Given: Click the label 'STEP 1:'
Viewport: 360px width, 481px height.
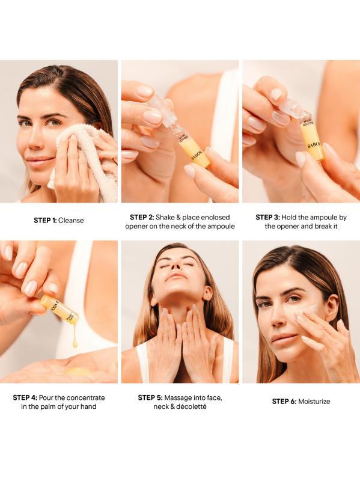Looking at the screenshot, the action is point(46,220).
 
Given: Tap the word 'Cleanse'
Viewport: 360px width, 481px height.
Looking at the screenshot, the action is point(71,220).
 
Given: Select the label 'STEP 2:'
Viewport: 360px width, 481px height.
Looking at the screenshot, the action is point(142,217).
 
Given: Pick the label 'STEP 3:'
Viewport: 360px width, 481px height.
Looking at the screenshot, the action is point(267,217).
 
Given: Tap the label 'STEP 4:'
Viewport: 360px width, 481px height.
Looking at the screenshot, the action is point(25,397).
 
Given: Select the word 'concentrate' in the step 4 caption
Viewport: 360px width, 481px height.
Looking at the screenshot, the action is point(85,397).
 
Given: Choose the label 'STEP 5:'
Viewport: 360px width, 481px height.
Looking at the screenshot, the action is point(150,397).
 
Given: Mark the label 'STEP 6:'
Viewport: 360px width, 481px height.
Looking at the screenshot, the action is point(284,401).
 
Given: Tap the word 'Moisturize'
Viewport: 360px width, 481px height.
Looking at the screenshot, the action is point(314,401).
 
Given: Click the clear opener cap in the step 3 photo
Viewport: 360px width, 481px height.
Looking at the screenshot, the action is point(290,108).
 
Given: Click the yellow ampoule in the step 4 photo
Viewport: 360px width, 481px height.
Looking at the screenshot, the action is point(59,309).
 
